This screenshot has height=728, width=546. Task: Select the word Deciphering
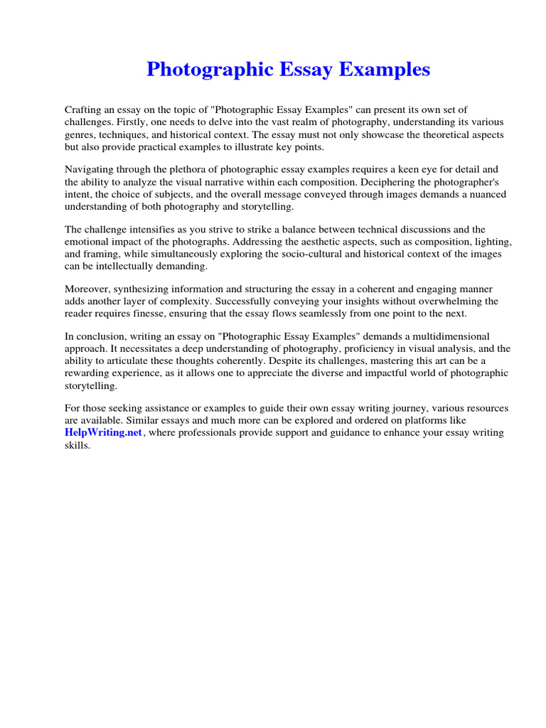394,181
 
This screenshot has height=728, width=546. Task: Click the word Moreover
89,289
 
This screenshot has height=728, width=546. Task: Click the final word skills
77,445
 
